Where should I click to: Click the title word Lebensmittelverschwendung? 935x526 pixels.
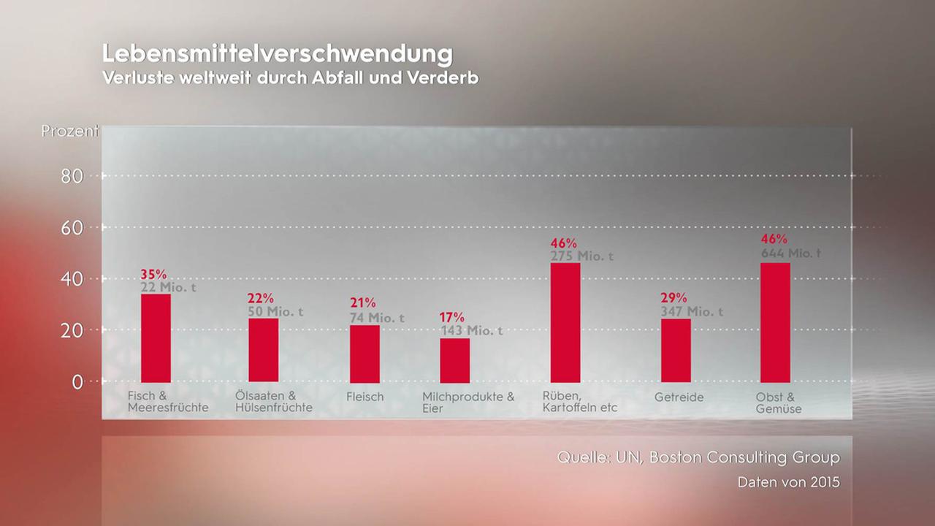point(277,54)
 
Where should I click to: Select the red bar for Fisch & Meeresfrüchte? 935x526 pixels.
point(156,338)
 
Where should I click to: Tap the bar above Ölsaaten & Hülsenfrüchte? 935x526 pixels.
point(263,350)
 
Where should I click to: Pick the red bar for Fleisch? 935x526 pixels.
point(365,354)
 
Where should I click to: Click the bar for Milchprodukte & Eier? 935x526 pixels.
point(454,360)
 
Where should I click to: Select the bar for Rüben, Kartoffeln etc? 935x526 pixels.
point(565,322)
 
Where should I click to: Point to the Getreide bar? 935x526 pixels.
point(676,350)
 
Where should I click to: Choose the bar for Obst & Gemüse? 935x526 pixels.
point(775,322)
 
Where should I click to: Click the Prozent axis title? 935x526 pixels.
point(69,131)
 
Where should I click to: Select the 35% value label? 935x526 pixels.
point(153,275)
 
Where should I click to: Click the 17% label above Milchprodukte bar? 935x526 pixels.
point(451,317)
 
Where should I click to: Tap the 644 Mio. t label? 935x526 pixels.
point(790,254)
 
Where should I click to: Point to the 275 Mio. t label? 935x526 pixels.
point(581,256)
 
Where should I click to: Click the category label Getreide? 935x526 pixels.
point(679,397)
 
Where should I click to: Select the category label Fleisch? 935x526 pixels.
point(365,397)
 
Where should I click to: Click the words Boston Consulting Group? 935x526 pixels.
point(744,458)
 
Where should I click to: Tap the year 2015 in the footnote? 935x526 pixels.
point(825,483)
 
